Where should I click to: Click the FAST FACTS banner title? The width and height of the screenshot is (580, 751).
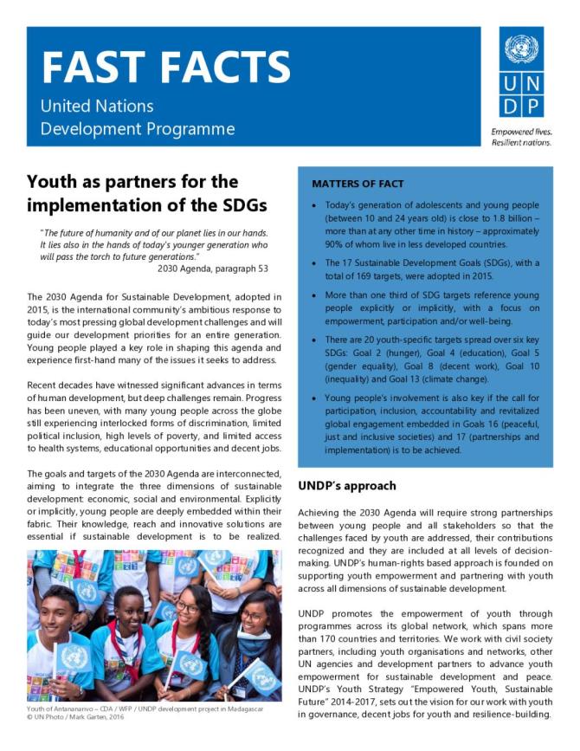point(166,68)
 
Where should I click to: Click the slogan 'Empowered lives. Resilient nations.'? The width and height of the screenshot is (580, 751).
point(521,137)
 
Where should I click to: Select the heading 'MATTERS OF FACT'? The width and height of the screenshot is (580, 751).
point(358,184)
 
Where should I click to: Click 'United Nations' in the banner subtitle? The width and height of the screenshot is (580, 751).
point(97,107)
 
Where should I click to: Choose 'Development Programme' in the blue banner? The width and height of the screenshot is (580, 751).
point(138,129)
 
